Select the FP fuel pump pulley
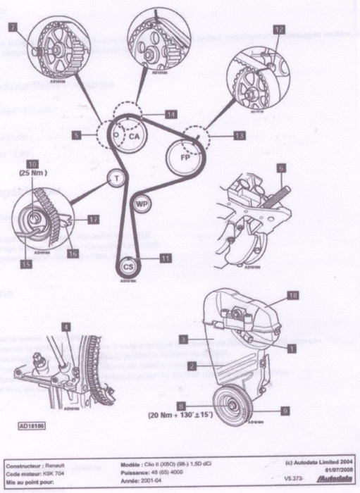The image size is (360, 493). (x=184, y=156)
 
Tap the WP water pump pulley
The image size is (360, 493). (x=141, y=204)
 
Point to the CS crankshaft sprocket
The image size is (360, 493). (x=128, y=267)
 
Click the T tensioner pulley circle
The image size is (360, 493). (x=115, y=179)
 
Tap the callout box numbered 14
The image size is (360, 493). (x=171, y=113)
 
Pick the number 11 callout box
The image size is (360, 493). (x=166, y=258)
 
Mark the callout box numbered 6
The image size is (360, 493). (x=280, y=168)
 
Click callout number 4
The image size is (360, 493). (x=66, y=326)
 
